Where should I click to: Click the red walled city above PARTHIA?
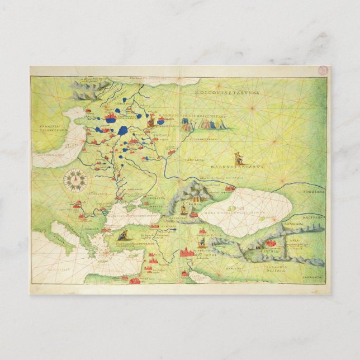[x=271, y=244]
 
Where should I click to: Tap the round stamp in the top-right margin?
[x=323, y=70]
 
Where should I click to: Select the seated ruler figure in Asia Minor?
[x=121, y=235]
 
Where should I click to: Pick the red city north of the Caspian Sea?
[x=230, y=188]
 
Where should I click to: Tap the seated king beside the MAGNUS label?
[x=151, y=119]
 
